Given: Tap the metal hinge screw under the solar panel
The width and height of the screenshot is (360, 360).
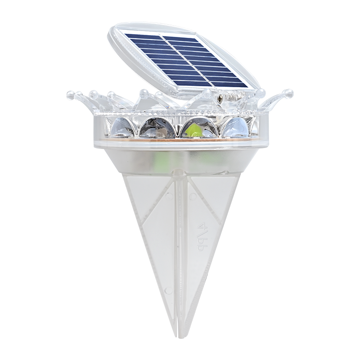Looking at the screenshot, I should pyautogui.click(x=221, y=96).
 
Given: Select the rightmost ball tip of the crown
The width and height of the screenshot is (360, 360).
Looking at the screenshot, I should pyautogui.click(x=288, y=94).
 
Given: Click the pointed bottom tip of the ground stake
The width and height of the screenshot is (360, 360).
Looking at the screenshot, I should pyautogui.click(x=180, y=335).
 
